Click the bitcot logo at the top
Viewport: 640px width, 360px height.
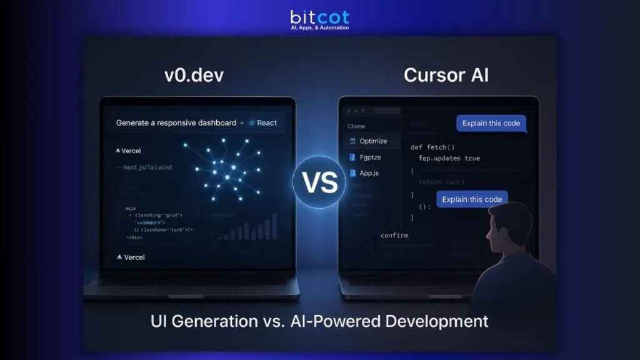[320, 19]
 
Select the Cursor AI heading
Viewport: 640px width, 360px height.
[446, 76]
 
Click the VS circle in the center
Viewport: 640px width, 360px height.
[319, 182]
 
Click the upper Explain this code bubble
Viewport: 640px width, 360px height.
[491, 123]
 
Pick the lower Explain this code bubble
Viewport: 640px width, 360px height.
[472, 199]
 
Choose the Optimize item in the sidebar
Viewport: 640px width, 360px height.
[373, 141]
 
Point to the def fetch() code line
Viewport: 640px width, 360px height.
[432, 147]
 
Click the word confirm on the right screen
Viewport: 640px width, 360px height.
[394, 235]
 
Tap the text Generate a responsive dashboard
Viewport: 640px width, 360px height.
[176, 122]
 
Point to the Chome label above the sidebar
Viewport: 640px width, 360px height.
[356, 126]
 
